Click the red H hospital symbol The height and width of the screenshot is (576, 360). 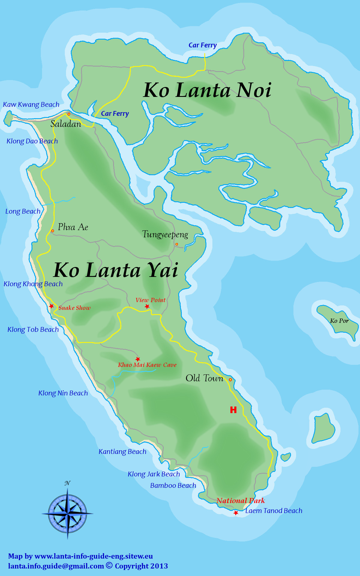(x=233, y=410)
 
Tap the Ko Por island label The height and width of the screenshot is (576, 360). (x=339, y=321)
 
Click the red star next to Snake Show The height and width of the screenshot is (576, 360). (x=51, y=306)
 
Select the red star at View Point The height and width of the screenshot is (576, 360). (x=147, y=306)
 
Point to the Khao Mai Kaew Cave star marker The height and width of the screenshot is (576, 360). (x=138, y=359)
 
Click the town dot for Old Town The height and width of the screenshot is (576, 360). (x=230, y=380)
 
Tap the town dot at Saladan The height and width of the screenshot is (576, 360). (x=69, y=114)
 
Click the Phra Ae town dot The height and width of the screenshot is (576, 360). (x=52, y=231)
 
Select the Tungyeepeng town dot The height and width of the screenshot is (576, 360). (x=177, y=244)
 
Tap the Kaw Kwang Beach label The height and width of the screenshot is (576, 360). (x=31, y=105)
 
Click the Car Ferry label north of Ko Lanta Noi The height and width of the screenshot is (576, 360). (x=202, y=45)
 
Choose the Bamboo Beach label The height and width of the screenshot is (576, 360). (x=173, y=485)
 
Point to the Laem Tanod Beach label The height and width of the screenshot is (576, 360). (x=274, y=511)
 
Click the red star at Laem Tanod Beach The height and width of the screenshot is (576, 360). (x=236, y=513)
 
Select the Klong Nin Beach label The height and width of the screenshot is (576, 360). (x=63, y=393)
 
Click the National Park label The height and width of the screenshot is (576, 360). (x=241, y=500)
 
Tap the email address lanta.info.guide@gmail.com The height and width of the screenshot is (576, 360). (x=56, y=566)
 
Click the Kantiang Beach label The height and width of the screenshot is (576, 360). (x=122, y=451)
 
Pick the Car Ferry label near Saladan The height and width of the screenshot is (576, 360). (x=115, y=114)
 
